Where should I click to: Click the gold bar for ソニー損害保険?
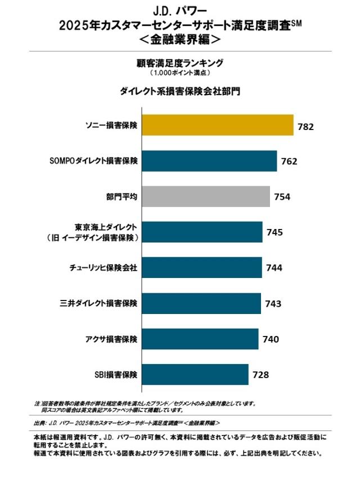click(x=217, y=125)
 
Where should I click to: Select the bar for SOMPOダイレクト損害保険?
click(x=209, y=161)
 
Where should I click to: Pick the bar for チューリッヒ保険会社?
click(x=201, y=267)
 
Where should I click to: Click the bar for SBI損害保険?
click(x=195, y=374)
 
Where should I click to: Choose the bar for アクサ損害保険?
click(x=200, y=339)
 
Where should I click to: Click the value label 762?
click(x=289, y=162)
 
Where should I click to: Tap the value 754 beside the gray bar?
click(x=282, y=197)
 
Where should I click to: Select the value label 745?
click(x=274, y=232)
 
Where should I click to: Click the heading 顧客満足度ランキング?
click(x=180, y=62)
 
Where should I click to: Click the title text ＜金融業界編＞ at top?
click(x=180, y=41)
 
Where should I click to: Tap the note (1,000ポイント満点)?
click(x=180, y=73)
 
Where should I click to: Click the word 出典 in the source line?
click(x=40, y=422)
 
